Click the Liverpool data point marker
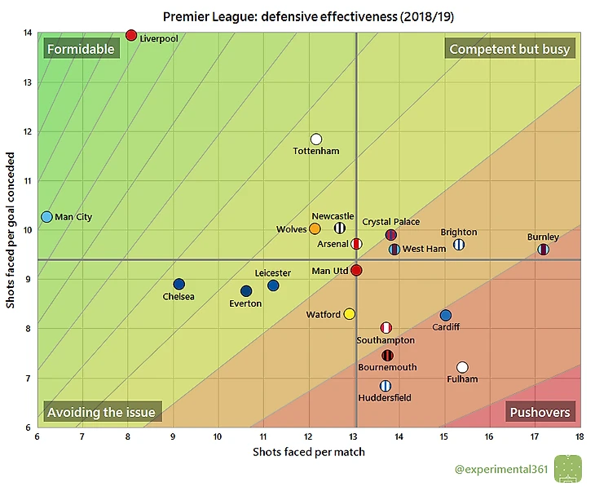click(x=131, y=35)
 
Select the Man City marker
click(x=46, y=217)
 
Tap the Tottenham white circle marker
click(x=316, y=139)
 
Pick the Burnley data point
click(x=544, y=250)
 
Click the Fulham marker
click(x=462, y=367)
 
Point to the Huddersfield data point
click(x=385, y=386)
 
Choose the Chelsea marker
click(x=179, y=285)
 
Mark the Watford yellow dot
click(x=350, y=314)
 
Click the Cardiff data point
click(x=445, y=316)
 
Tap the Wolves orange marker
click(x=315, y=229)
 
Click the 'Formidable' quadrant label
click(x=81, y=49)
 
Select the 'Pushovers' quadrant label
click(x=540, y=412)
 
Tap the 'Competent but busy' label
click(x=509, y=49)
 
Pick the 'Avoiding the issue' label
click(x=101, y=412)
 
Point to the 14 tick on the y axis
click(x=29, y=33)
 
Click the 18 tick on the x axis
click(x=579, y=436)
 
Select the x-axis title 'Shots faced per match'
click(x=308, y=451)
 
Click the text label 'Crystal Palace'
click(x=391, y=222)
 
